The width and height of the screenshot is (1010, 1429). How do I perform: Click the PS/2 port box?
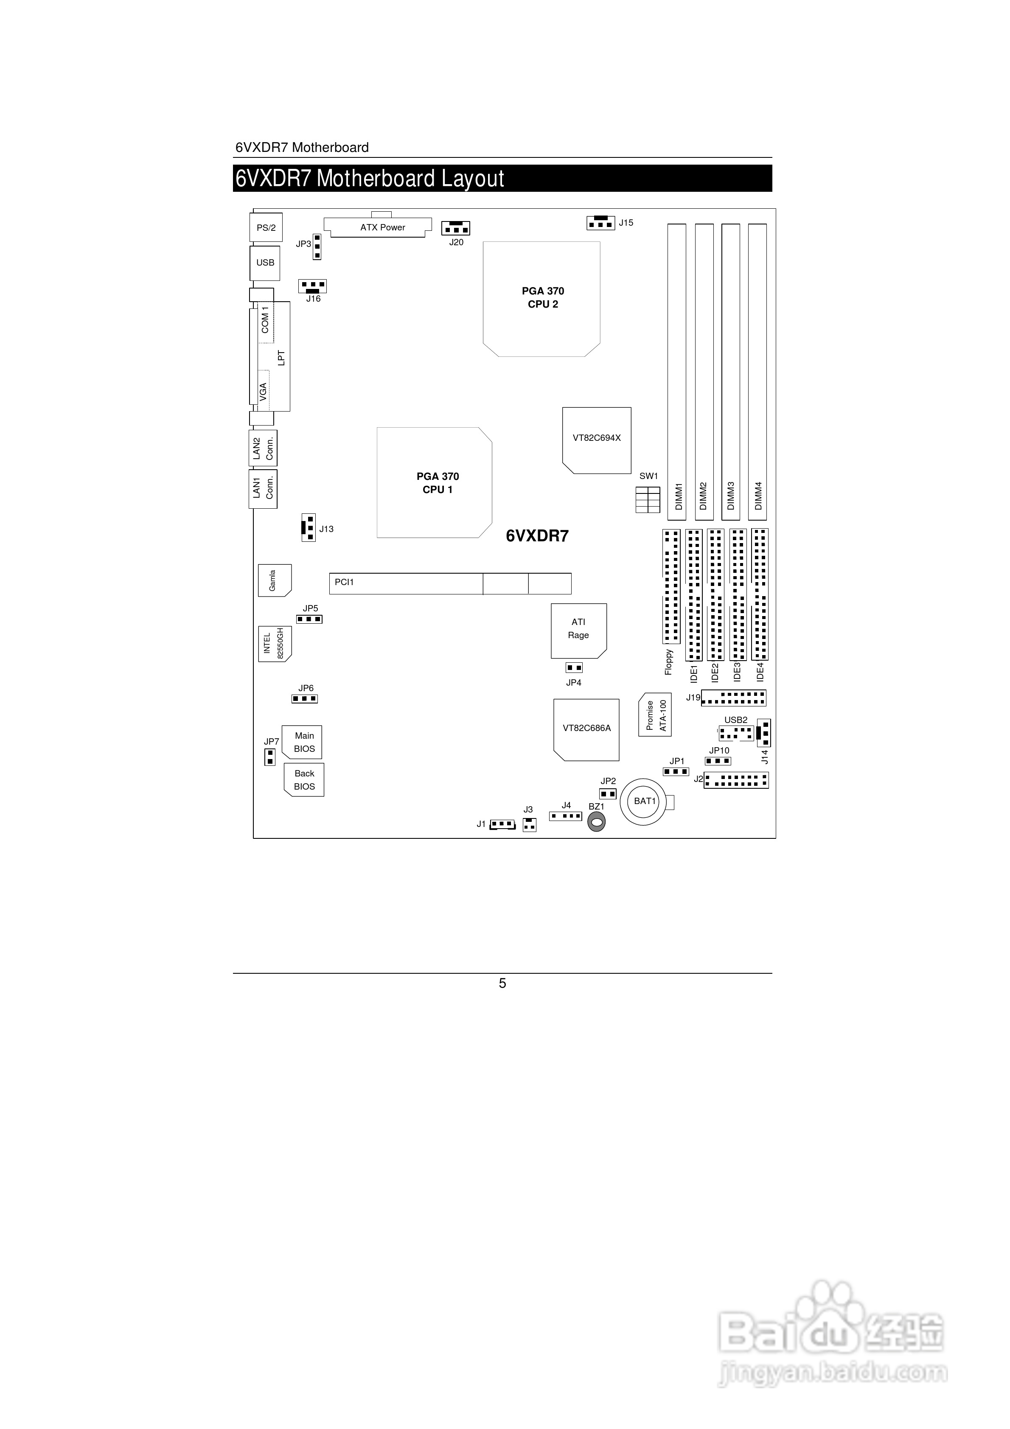[x=266, y=228]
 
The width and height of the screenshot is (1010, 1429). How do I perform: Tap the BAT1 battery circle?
[x=645, y=801]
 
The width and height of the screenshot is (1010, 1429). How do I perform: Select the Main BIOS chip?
[x=303, y=742]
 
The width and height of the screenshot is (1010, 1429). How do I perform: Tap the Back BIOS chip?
[x=305, y=780]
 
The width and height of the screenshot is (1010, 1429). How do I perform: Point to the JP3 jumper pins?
[x=317, y=247]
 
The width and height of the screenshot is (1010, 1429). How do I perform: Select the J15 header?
[x=601, y=222]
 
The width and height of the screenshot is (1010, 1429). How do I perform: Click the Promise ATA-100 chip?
[x=655, y=714]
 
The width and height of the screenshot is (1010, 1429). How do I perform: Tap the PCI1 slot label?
[x=344, y=583]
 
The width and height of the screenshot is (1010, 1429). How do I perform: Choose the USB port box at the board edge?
[x=265, y=263]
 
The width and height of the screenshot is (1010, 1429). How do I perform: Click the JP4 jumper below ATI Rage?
[x=573, y=668]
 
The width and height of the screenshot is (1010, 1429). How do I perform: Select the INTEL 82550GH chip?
[x=274, y=644]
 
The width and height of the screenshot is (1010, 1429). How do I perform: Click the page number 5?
[x=502, y=983]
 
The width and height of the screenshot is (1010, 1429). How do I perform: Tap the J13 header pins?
[x=308, y=528]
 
